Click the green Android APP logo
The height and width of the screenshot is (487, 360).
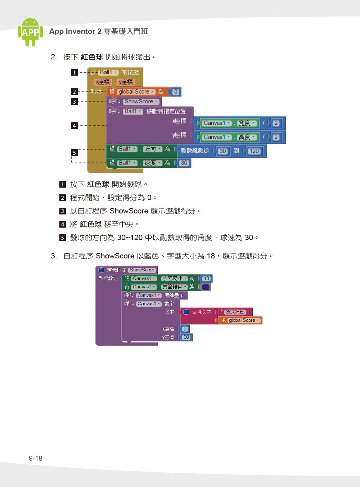[x=30, y=31]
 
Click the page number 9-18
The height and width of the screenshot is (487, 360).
[x=36, y=458]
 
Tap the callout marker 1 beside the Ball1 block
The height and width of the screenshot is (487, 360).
[x=74, y=72]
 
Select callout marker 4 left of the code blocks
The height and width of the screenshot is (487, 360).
[x=74, y=126]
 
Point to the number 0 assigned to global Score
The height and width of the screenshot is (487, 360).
[x=175, y=92]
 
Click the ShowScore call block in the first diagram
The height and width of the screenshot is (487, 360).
[x=134, y=102]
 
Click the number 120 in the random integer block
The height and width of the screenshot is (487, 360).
[x=254, y=151]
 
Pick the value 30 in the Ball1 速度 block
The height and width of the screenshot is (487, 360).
[x=184, y=163]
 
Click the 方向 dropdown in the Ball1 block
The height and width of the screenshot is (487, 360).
[x=152, y=149]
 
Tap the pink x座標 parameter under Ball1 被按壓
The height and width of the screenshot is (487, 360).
[x=103, y=82]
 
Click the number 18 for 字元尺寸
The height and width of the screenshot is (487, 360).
[x=207, y=279]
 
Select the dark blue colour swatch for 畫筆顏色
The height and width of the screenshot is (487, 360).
[x=206, y=287]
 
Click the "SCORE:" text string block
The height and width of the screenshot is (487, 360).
[x=235, y=312]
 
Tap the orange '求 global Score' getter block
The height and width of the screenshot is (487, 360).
[x=240, y=320]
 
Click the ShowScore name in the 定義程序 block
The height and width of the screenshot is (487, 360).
[x=142, y=270]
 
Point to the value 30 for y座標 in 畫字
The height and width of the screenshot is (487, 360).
[x=186, y=337]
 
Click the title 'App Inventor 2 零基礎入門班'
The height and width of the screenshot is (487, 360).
[x=99, y=31]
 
